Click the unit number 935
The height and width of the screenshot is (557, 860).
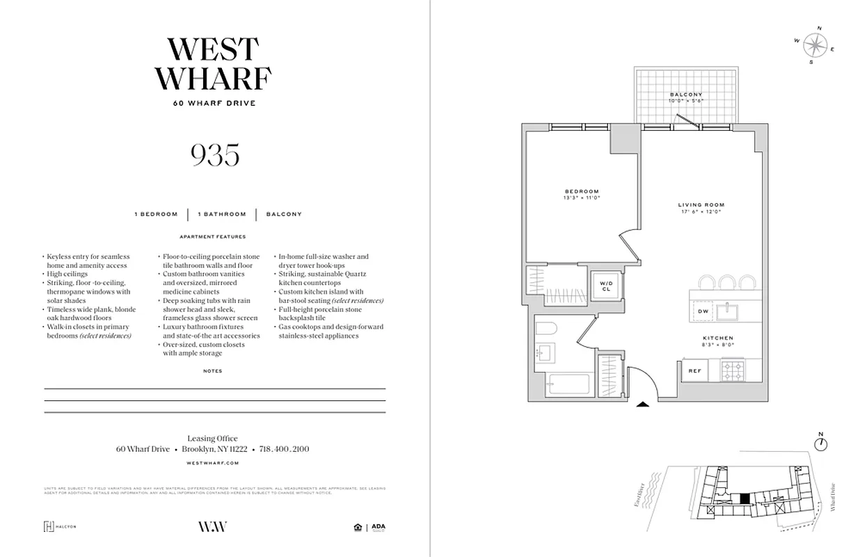pos(215,155)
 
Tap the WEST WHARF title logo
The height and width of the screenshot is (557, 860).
pos(214,64)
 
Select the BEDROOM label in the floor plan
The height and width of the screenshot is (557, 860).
pos(582,191)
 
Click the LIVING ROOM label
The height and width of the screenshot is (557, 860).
pos(701,205)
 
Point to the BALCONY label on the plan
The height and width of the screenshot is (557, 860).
pos(686,95)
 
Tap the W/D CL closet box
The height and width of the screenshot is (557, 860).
pos(605,286)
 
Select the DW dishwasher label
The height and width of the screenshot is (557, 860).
pos(703,311)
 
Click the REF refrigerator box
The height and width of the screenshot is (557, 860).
pos(694,371)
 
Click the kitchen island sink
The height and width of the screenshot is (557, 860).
pos(733,309)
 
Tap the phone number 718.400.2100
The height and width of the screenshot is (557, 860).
pos(284,450)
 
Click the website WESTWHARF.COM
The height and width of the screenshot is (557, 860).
pos(214,462)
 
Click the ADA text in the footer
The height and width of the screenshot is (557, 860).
pos(379,526)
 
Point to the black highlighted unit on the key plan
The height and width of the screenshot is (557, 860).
pos(744,498)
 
